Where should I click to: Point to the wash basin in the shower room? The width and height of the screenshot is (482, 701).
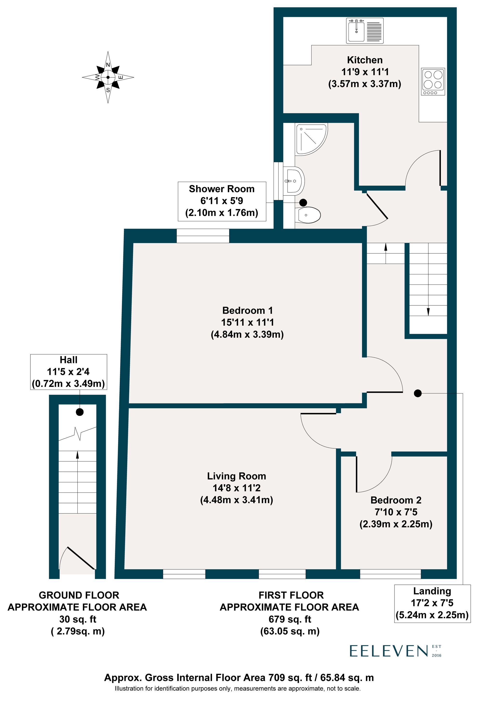click(294, 181)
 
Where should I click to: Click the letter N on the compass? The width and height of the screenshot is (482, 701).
click(108, 65)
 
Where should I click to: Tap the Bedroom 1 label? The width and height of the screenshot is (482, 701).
click(247, 310)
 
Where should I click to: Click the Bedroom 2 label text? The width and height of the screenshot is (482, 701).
click(396, 500)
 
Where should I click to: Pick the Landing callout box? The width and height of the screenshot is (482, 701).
click(432, 603)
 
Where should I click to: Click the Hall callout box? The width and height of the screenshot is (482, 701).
click(68, 372)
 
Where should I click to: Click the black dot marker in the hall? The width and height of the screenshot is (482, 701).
click(80, 412)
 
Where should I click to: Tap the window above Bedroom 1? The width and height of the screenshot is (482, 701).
click(203, 236)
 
